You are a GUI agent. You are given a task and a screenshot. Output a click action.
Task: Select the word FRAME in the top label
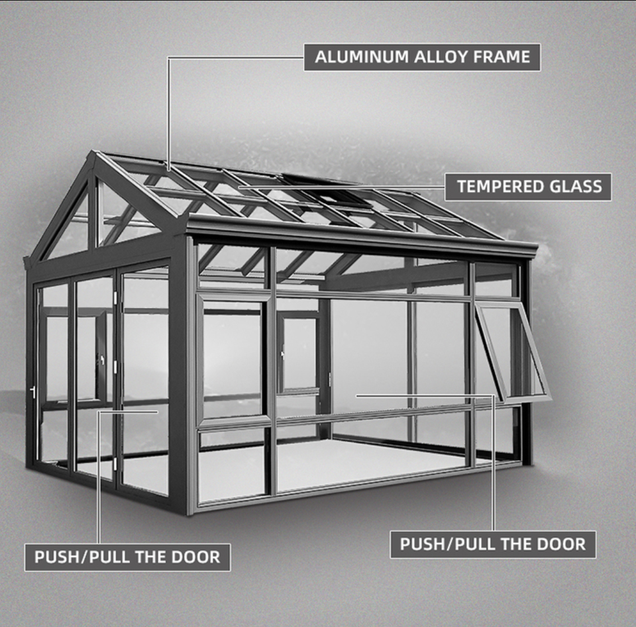click(502, 58)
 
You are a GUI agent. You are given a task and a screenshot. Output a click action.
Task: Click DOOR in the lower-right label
click(560, 544)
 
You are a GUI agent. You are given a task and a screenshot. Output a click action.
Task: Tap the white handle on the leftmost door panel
click(32, 392)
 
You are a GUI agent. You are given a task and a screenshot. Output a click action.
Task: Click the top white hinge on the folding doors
click(117, 299)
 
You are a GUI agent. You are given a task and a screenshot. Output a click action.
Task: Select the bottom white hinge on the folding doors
click(115, 461)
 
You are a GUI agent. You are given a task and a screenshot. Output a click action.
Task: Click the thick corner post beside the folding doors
click(178, 371)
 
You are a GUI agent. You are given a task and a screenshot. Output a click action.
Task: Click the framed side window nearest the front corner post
click(233, 358)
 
